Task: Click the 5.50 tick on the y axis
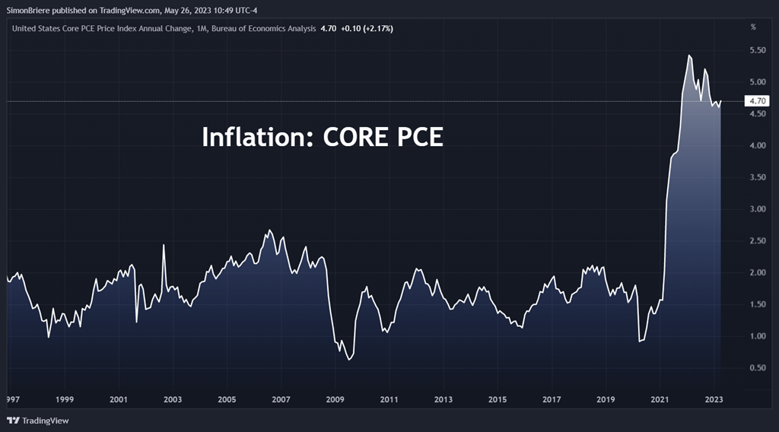(x=756, y=50)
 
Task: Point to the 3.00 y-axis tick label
(x=756, y=209)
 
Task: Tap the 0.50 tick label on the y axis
(x=756, y=368)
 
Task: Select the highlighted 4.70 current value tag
(x=758, y=100)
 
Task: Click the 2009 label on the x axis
(x=334, y=399)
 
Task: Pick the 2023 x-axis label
(x=714, y=399)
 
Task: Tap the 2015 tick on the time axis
(x=497, y=399)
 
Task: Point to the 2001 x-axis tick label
(x=118, y=399)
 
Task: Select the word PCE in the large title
(x=416, y=137)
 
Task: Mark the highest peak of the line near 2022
(x=689, y=56)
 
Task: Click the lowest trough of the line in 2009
(x=348, y=359)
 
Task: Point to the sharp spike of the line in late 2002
(x=164, y=245)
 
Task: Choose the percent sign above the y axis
(x=753, y=27)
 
